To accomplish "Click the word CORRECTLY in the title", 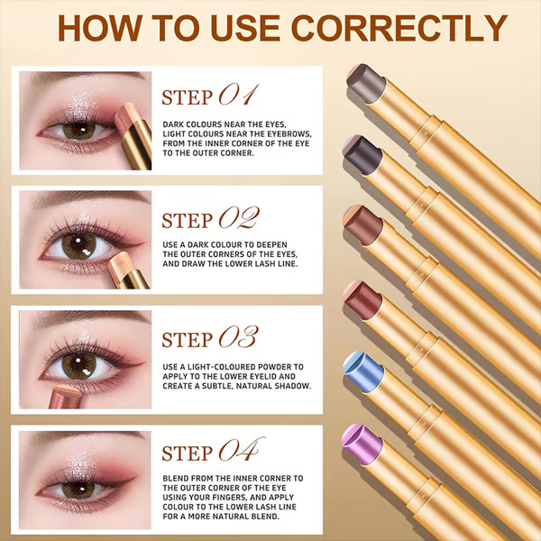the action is [x=399, y=28].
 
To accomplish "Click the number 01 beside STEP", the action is [x=238, y=96].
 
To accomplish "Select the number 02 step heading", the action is [x=239, y=218].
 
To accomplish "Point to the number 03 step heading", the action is [x=238, y=337].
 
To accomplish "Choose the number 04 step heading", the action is [x=241, y=450].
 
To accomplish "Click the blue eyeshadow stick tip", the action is [x=363, y=371].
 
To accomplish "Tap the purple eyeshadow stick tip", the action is [x=362, y=444].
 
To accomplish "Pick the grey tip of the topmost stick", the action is [x=366, y=83].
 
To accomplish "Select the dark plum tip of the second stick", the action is [x=362, y=155].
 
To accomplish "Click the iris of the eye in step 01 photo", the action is [x=79, y=130].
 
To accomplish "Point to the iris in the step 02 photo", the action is [x=79, y=245].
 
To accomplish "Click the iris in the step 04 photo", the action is [x=78, y=490].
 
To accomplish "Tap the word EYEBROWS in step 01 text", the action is [x=289, y=133].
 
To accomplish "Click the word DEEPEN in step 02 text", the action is [x=272, y=244].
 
